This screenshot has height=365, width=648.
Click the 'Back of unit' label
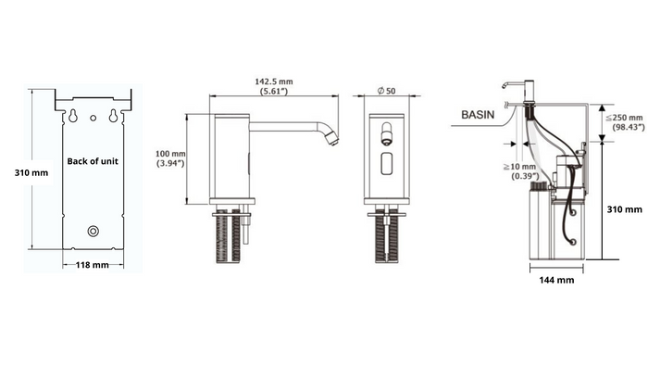[93, 161]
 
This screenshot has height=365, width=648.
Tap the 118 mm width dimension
[93, 265]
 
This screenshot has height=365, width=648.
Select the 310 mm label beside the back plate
[31, 173]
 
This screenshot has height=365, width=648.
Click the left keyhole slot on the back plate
[73, 116]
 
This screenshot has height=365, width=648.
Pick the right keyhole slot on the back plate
[113, 116]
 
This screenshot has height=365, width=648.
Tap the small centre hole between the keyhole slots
[93, 119]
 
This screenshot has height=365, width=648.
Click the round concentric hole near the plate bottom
[93, 231]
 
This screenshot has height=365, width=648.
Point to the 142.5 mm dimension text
[274, 82]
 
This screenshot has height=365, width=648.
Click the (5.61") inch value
[274, 91]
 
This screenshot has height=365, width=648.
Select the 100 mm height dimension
[170, 154]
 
